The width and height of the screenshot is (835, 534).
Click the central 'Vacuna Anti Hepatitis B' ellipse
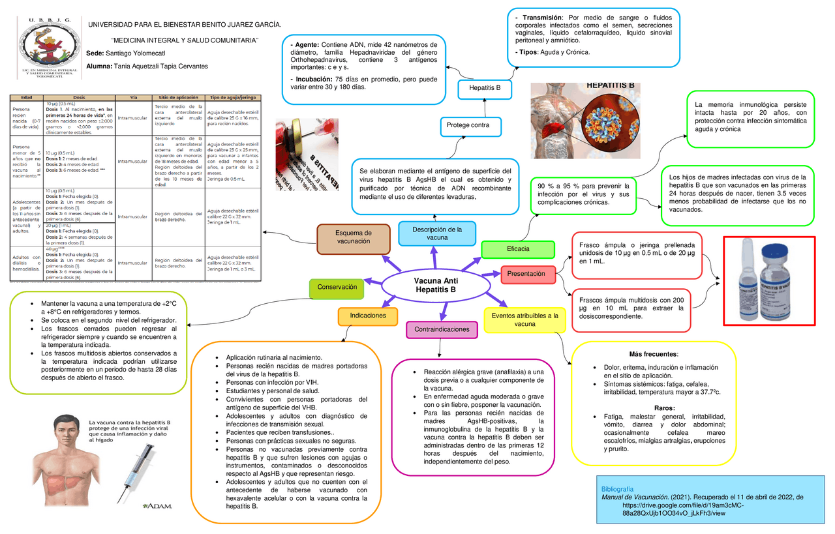coord(435,285)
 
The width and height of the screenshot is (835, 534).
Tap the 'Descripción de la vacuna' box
coord(437,233)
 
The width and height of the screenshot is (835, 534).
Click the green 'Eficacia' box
coord(518,249)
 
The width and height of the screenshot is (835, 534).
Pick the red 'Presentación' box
coord(526,274)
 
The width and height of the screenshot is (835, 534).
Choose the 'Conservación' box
coord(337,287)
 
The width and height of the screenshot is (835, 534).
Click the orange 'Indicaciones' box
coord(368,316)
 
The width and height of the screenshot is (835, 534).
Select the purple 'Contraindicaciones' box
coord(442,329)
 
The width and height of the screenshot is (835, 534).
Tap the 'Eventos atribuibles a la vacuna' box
coord(525,319)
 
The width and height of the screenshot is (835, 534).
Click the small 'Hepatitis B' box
coord(484,88)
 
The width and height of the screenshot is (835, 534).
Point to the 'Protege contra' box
coord(473,125)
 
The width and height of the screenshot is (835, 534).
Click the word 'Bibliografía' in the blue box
coord(616,488)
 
